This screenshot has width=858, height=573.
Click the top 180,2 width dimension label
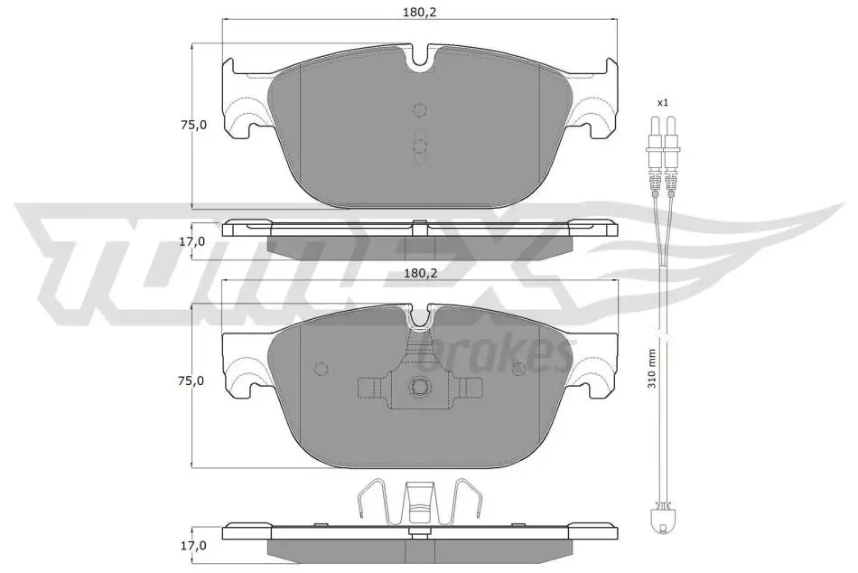(420, 12)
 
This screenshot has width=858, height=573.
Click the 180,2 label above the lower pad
(420, 273)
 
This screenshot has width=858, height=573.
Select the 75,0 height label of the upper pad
(192, 125)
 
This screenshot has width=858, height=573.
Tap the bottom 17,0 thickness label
(192, 546)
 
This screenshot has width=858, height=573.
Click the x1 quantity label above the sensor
(662, 102)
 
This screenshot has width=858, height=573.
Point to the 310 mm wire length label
(651, 369)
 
